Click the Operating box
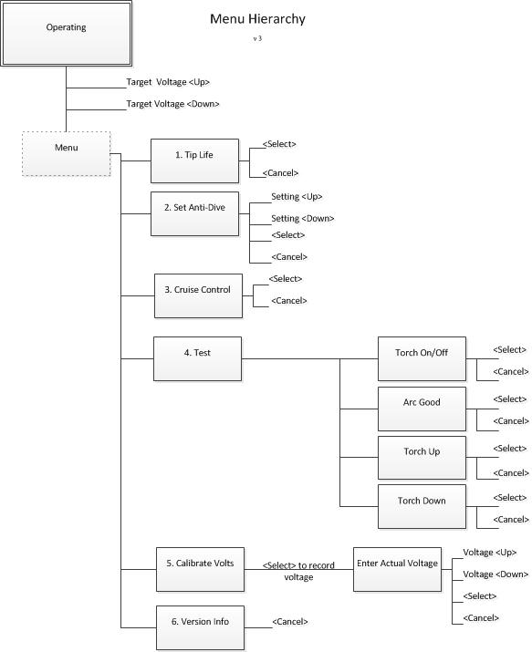click(66, 33)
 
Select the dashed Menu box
click(66, 153)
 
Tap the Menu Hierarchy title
click(257, 19)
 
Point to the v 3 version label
click(257, 38)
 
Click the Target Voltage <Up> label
click(168, 82)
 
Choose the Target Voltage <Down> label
click(172, 104)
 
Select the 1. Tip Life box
click(194, 160)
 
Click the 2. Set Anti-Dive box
click(194, 213)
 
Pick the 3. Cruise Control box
click(198, 295)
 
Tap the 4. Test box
click(198, 359)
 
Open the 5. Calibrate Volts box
click(200, 569)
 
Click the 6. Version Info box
click(200, 628)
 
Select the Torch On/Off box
click(422, 359)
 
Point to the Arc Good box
click(422, 409)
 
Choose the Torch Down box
click(422, 506)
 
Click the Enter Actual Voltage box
click(397, 569)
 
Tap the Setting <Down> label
click(303, 219)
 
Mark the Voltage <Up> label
click(490, 553)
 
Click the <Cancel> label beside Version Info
click(290, 622)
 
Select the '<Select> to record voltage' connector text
click(298, 572)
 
